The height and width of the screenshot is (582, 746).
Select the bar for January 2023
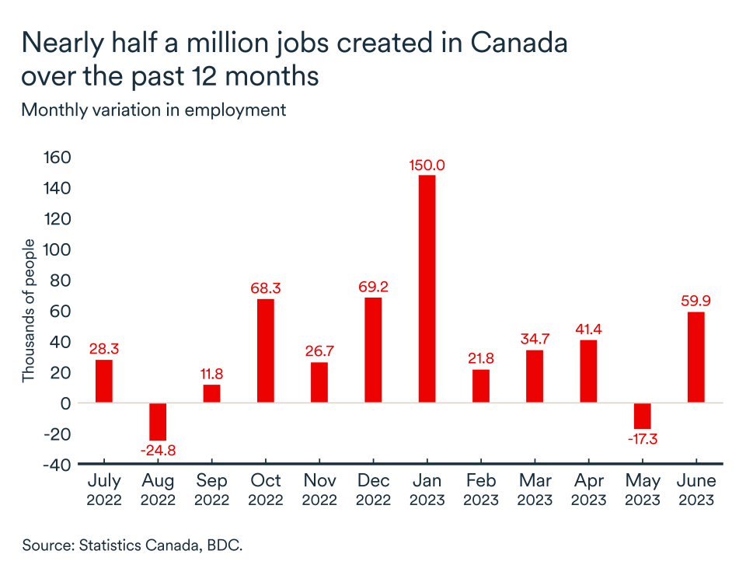[427, 289]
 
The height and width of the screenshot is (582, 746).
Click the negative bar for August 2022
[158, 422]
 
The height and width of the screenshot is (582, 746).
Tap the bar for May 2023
[642, 416]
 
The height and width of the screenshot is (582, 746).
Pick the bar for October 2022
[266, 350]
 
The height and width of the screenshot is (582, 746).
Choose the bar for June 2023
[695, 357]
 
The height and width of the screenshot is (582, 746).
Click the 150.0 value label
[427, 166]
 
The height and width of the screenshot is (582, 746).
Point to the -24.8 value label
[159, 451]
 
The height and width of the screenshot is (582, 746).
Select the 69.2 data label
[373, 287]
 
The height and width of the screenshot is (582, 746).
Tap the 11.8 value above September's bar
[212, 374]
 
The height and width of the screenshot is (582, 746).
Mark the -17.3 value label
[642, 439]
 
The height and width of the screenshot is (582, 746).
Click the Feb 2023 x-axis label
[480, 490]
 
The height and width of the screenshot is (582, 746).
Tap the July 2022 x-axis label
[104, 490]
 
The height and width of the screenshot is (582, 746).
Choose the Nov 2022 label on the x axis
[319, 490]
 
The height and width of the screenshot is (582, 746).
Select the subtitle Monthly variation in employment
[154, 110]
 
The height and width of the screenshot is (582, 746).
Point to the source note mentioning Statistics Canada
[133, 545]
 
